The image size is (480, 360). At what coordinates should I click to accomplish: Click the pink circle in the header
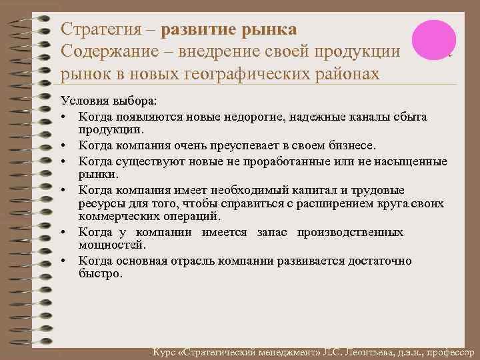tap(433, 38)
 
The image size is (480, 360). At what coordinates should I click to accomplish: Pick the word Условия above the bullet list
tap(83, 101)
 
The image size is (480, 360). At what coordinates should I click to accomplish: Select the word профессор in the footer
tap(447, 352)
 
